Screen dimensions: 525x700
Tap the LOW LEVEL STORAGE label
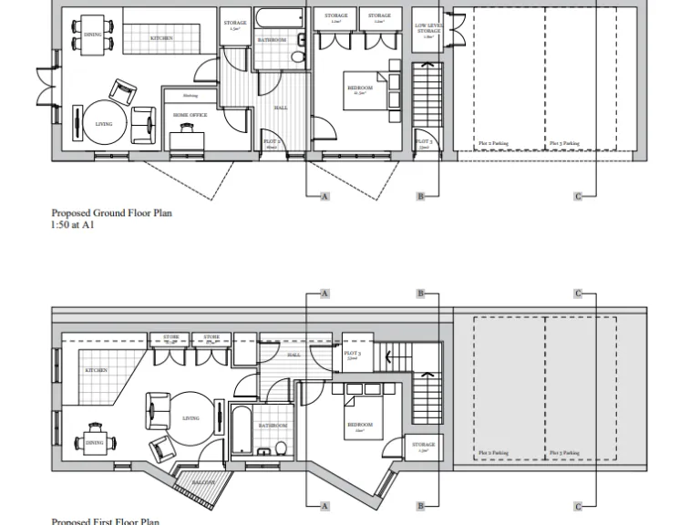pos(427,29)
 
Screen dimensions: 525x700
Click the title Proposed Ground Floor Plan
pos(111,212)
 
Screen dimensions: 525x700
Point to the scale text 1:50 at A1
pos(73,223)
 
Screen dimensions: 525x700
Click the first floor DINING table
pos(95,441)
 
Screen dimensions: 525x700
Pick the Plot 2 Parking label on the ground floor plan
pos(494,143)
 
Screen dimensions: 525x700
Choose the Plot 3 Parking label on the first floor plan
pos(563,453)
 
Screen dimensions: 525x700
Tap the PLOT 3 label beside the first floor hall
pos(352,355)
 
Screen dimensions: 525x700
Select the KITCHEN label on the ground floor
pos(161,38)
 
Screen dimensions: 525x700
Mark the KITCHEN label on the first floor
pos(96,371)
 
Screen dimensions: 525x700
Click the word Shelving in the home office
pos(190,95)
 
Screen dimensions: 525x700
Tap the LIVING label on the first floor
pos(190,418)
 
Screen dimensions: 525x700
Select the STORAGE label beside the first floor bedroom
pos(423,446)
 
